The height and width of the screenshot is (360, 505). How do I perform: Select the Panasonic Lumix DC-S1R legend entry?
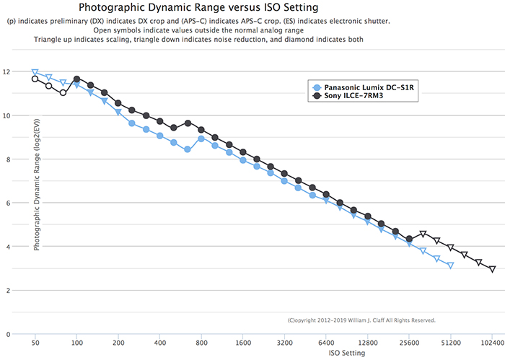click(369, 86)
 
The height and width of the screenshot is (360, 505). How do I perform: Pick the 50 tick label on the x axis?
click(35, 344)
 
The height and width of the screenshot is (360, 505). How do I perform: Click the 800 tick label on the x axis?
click(201, 344)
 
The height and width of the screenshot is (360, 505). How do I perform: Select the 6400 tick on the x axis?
click(326, 344)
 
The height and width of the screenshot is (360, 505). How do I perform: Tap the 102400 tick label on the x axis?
click(492, 344)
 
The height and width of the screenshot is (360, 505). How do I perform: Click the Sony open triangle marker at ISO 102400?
click(492, 269)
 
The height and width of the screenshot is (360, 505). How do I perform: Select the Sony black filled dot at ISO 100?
click(76, 79)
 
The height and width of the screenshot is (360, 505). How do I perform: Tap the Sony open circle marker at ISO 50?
click(35, 79)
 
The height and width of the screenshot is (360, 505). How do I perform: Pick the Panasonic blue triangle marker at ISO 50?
click(35, 72)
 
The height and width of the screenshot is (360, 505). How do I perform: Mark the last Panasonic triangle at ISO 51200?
click(450, 266)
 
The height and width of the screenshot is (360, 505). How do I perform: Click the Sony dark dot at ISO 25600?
click(409, 239)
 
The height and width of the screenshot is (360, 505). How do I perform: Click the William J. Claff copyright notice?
click(361, 320)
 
